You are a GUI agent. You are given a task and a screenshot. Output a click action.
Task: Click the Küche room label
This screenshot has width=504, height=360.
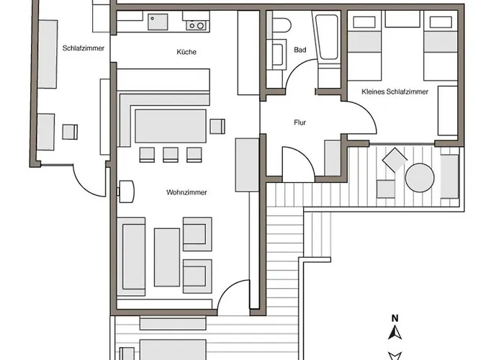[x=186, y=52]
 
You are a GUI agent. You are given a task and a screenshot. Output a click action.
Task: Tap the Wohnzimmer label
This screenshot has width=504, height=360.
[x=186, y=192]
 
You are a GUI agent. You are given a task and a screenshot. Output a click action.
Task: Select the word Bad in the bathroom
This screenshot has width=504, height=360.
[x=300, y=50]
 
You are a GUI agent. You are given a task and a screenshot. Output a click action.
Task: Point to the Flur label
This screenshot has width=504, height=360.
[x=300, y=122]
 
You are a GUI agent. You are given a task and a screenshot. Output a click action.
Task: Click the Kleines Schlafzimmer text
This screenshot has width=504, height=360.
[x=395, y=92]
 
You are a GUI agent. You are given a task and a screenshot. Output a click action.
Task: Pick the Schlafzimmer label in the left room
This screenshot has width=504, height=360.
[x=84, y=48]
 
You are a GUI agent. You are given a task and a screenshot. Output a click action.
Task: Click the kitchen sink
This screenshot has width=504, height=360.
[x=158, y=22]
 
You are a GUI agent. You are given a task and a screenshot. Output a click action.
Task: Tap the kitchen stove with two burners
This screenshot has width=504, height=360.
[x=196, y=25]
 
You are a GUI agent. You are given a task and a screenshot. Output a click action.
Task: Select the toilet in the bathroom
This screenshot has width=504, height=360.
[x=282, y=24]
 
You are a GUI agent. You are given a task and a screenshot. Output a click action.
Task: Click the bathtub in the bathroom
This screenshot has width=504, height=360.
[x=327, y=36]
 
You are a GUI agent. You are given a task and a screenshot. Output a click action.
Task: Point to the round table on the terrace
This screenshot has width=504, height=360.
[x=420, y=178]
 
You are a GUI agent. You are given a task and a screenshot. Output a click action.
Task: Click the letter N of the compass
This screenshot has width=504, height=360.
[x=395, y=318]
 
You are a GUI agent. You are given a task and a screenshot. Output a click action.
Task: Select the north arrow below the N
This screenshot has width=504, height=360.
[x=395, y=333]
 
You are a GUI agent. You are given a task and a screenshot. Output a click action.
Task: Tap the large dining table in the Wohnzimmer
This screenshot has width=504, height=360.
[x=171, y=126]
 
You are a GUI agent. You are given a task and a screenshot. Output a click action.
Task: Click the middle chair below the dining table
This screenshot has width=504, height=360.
[x=171, y=155]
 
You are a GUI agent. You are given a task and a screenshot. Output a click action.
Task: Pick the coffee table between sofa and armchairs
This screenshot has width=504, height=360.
[x=167, y=258]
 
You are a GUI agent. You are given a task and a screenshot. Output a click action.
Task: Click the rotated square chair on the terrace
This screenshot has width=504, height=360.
[x=395, y=160]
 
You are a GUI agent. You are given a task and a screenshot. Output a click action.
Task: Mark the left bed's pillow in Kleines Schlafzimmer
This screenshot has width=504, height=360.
[x=364, y=22]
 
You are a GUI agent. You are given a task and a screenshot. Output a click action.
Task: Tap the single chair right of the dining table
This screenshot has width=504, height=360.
[x=217, y=126]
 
